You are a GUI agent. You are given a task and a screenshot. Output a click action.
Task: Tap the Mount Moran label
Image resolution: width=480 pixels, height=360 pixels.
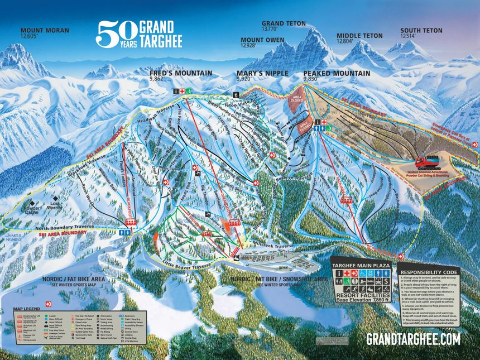tap(44, 31)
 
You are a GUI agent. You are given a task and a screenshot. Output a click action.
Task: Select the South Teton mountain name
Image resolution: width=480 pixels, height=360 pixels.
tap(421, 31)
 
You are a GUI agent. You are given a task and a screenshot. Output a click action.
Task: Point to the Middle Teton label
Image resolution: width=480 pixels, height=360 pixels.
tap(359, 36)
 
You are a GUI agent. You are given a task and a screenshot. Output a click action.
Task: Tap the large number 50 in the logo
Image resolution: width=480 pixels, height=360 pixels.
tap(116, 34)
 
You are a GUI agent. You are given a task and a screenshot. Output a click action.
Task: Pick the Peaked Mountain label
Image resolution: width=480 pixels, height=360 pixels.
tap(337, 73)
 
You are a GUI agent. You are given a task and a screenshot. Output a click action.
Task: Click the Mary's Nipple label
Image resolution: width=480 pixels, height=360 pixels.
tap(262, 73)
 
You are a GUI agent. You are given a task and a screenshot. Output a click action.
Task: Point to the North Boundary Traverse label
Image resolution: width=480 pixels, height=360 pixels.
tap(66, 227)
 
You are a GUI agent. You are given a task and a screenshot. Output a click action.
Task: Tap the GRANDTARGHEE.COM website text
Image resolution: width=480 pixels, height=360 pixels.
tap(413, 339)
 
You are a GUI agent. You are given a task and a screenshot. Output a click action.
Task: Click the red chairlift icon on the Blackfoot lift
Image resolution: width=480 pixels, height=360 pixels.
tap(129, 223)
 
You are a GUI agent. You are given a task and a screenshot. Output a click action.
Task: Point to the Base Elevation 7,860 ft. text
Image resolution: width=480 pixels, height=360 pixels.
tap(361, 300)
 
